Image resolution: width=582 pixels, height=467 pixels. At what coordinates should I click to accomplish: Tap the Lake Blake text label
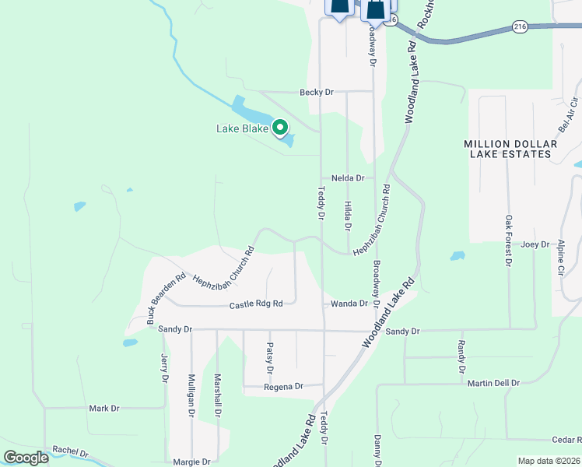click(x=242, y=128)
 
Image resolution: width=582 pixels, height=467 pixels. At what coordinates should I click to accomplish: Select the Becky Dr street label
click(x=317, y=92)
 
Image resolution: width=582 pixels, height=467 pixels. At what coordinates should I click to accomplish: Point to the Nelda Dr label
click(x=348, y=178)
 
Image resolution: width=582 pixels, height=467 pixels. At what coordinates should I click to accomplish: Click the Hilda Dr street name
click(x=348, y=216)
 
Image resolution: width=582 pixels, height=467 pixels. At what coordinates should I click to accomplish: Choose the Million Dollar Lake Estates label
click(x=510, y=149)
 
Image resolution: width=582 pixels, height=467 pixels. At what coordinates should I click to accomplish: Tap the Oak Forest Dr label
click(x=508, y=241)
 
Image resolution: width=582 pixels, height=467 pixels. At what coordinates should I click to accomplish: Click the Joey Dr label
click(x=535, y=244)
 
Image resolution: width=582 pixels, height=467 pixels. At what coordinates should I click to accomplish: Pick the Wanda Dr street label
click(x=349, y=304)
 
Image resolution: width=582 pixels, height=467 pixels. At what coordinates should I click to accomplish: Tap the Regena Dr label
click(x=282, y=386)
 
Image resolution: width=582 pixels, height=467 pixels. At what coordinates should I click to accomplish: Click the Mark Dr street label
click(x=103, y=408)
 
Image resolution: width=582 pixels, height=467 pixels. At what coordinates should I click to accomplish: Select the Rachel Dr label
click(x=71, y=451)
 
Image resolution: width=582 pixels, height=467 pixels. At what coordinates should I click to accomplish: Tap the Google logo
click(x=26, y=458)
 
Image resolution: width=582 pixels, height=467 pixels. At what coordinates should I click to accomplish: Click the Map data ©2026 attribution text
click(x=549, y=461)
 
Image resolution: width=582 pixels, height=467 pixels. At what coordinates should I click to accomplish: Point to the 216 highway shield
click(x=520, y=27)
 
